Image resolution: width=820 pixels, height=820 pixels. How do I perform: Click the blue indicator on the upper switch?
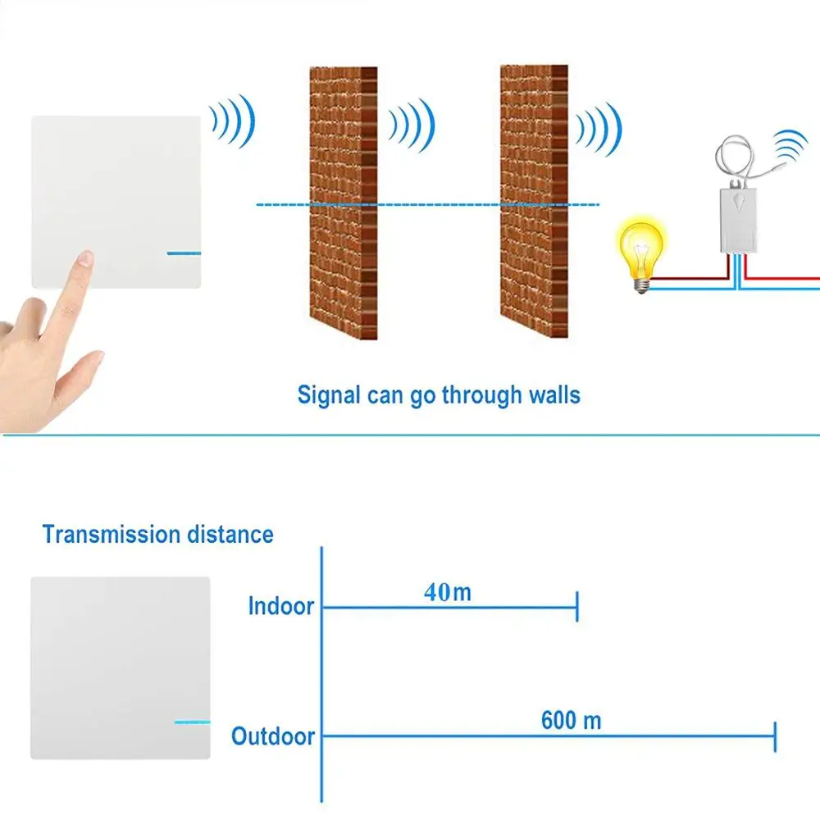coord(184,253)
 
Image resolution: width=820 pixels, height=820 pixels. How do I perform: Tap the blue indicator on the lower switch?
coord(192,722)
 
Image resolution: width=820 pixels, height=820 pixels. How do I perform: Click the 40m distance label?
coord(448,592)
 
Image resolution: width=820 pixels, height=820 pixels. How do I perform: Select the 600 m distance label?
coord(571,721)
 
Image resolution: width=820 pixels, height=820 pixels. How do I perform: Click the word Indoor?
coord(281,607)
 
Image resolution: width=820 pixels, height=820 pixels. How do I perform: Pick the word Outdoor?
coord(273,736)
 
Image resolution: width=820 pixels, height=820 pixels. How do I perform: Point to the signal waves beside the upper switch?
coord(234,121)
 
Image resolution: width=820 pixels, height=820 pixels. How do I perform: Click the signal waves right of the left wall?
coord(412,125)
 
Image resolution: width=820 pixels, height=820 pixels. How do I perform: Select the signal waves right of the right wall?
coord(599,130)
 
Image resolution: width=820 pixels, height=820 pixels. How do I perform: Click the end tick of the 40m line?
coord(577,607)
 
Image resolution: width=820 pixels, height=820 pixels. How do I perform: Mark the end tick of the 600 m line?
coord(775,736)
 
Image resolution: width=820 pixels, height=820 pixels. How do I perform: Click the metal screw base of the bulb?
coord(641,283)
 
